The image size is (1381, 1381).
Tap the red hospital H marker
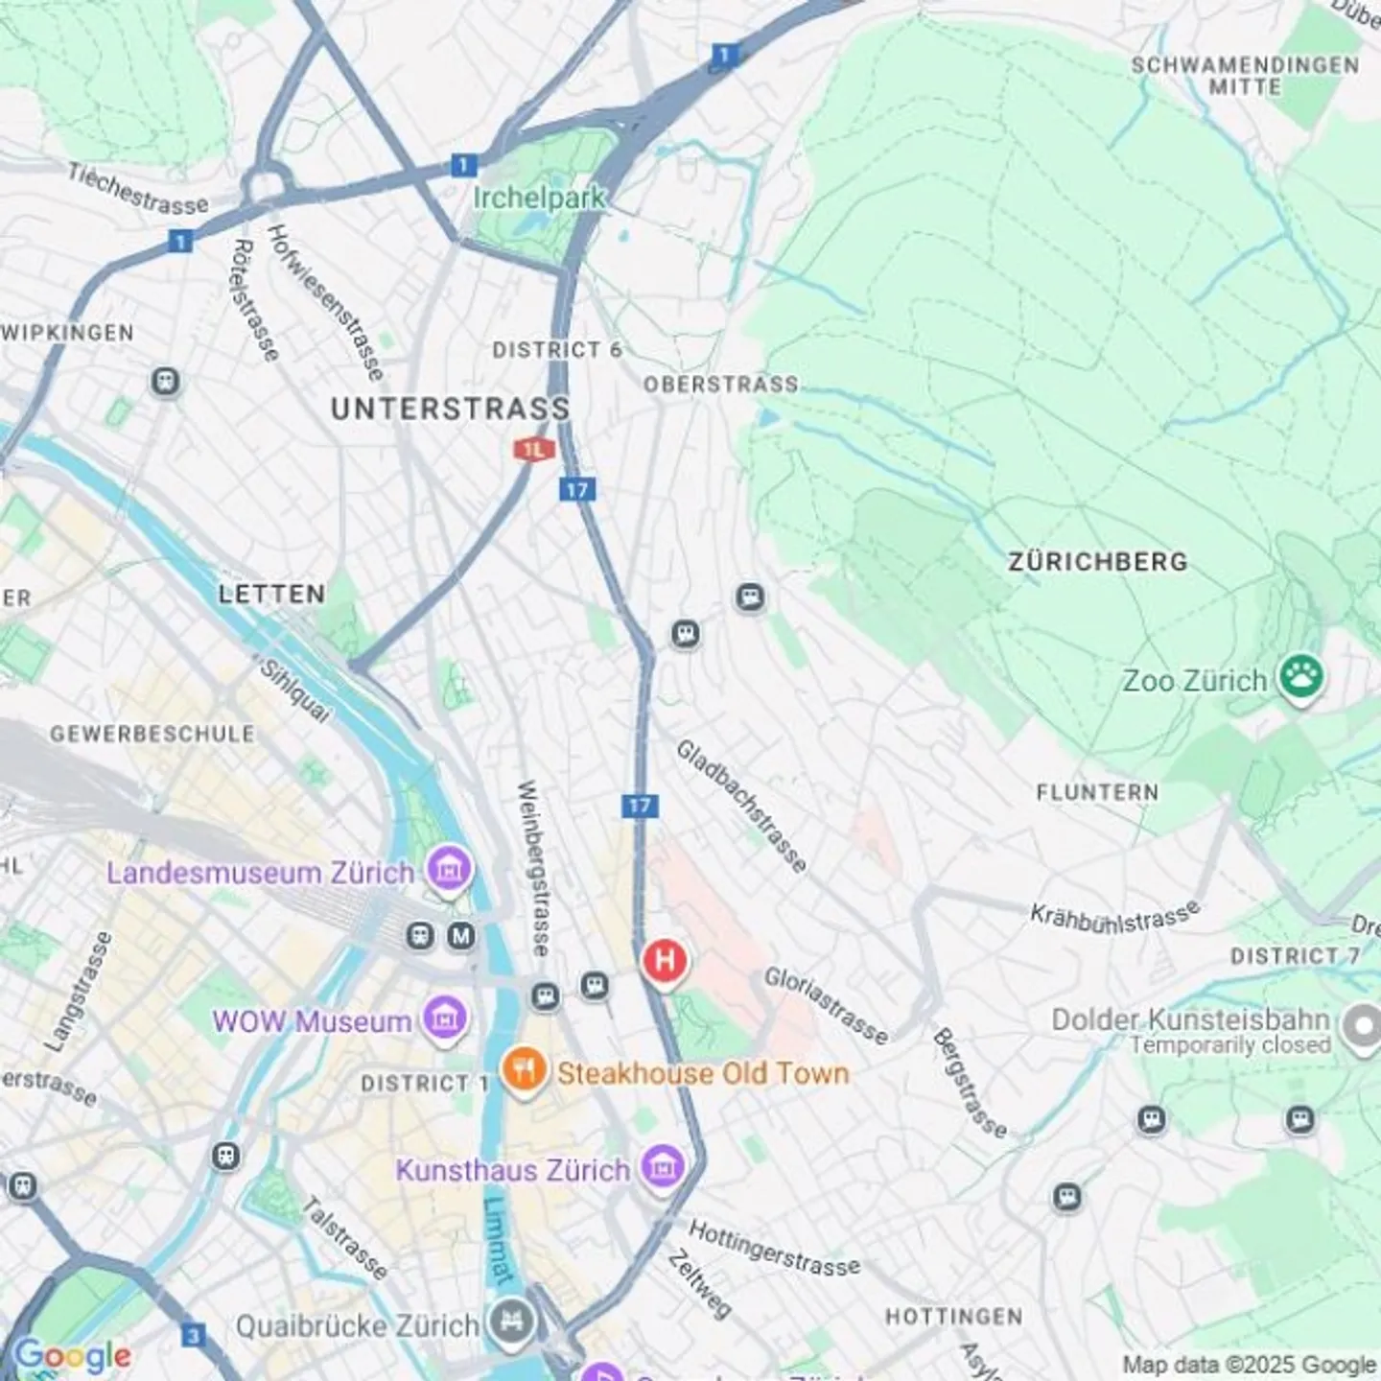pyautogui.click(x=665, y=960)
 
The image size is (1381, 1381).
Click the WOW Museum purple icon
pyautogui.click(x=445, y=1018)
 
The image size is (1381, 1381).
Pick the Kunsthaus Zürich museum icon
pyautogui.click(x=661, y=1167)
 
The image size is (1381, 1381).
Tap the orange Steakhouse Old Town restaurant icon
pyautogui.click(x=525, y=1070)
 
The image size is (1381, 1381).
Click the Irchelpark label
pyautogui.click(x=539, y=198)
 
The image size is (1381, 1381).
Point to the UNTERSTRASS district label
pyautogui.click(x=450, y=410)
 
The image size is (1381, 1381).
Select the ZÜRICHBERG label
pyautogui.click(x=1097, y=562)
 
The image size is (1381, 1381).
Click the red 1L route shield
pyautogui.click(x=533, y=449)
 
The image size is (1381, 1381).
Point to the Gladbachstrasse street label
pyautogui.click(x=741, y=806)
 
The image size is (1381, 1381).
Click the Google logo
pyautogui.click(x=73, y=1355)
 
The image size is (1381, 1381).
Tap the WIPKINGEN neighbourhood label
pyautogui.click(x=67, y=334)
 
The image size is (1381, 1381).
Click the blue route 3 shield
pyautogui.click(x=194, y=1335)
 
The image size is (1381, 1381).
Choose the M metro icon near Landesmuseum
pyautogui.click(x=461, y=935)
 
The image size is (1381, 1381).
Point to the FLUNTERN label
pyautogui.click(x=1097, y=792)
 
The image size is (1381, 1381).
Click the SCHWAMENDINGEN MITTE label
pyautogui.click(x=1245, y=76)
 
